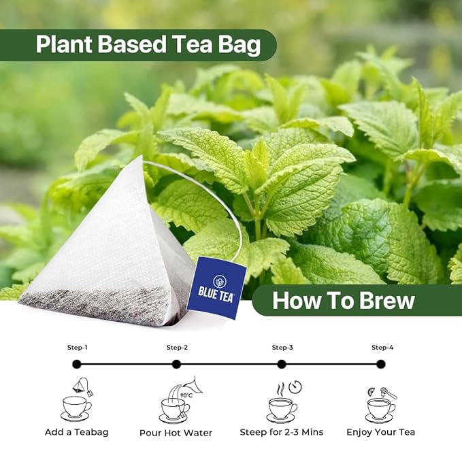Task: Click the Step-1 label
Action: [77, 348]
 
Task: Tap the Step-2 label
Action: [177, 348]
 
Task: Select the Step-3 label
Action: [282, 348]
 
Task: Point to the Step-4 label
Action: [382, 348]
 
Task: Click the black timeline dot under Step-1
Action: [77, 364]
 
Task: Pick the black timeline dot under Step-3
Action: [282, 364]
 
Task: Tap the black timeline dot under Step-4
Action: [380, 364]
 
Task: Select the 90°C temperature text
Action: [186, 395]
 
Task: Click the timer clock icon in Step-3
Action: [295, 387]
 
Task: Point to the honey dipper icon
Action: [388, 393]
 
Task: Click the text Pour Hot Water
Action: [176, 433]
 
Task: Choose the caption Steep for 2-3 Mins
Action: [282, 432]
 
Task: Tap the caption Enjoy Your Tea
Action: [380, 432]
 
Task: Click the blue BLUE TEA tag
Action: [216, 288]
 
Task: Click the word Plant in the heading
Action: [64, 44]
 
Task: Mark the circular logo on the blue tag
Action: [219, 282]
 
